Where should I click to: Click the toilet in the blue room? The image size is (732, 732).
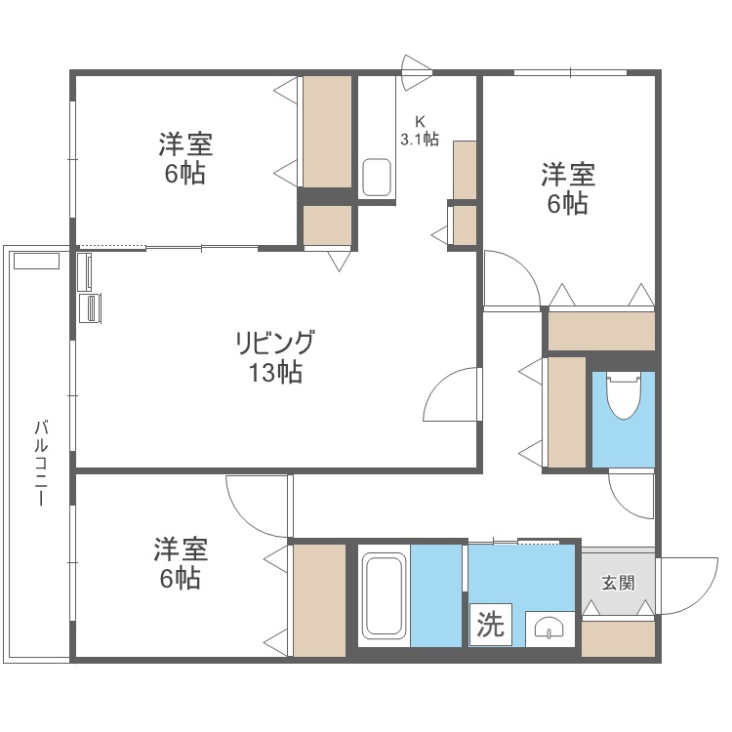point(622,395)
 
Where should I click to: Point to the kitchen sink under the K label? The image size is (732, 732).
point(377,177)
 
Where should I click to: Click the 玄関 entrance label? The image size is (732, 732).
point(618,583)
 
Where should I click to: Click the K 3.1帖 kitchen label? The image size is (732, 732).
point(420,130)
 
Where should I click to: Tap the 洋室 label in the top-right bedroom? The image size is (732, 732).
point(568,176)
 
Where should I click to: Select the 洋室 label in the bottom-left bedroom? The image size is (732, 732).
point(181,549)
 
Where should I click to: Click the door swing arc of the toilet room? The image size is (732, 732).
point(630,494)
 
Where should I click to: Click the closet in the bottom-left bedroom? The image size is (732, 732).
point(320,599)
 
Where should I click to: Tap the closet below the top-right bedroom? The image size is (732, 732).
point(600,331)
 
